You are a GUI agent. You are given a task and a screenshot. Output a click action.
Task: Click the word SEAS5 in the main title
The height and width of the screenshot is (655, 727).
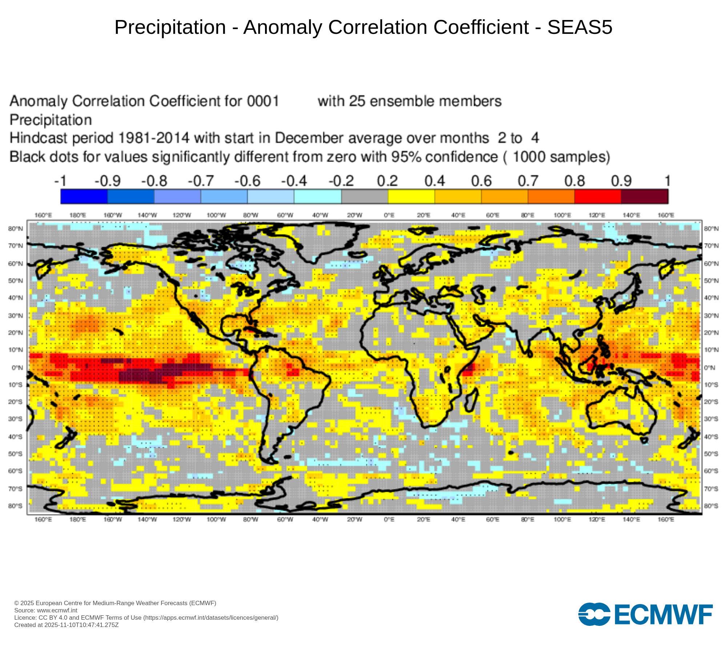(580, 27)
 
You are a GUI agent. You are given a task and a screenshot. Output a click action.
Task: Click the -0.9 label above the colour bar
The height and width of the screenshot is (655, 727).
(108, 181)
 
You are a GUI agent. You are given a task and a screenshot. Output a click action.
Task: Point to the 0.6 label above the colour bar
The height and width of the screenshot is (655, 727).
(481, 181)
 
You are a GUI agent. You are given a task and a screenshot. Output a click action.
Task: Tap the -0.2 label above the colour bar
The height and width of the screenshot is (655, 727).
(341, 181)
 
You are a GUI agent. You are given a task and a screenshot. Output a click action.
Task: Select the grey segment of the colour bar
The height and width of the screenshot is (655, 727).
(365, 196)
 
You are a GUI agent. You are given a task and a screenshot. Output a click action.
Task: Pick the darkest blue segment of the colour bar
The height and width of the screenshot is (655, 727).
(84, 196)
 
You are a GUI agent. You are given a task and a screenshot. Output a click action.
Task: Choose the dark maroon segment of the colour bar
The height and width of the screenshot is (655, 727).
(644, 196)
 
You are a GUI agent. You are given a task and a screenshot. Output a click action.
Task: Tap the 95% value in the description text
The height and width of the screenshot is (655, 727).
(406, 157)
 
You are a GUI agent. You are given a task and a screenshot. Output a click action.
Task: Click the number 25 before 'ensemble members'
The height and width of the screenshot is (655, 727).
(357, 101)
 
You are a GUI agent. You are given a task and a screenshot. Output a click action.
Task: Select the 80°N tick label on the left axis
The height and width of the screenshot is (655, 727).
(15, 229)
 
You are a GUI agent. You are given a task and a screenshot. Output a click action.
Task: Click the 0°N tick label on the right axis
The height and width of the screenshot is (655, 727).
(710, 368)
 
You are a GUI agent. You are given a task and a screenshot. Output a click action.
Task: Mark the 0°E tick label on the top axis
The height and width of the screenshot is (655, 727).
(389, 215)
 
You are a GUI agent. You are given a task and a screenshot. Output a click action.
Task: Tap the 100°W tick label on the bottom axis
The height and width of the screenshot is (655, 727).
(216, 519)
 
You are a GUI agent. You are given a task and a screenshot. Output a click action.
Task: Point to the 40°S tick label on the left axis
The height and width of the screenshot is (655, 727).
(15, 436)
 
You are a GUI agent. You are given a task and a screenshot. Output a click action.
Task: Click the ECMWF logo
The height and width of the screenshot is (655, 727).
(645, 615)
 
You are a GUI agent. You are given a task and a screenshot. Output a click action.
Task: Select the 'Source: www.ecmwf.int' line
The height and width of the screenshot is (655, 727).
(46, 611)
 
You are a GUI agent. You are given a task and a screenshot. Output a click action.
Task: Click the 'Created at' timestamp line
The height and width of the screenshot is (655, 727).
(67, 625)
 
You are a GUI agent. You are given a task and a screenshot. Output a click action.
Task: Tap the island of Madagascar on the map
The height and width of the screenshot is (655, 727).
(471, 400)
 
